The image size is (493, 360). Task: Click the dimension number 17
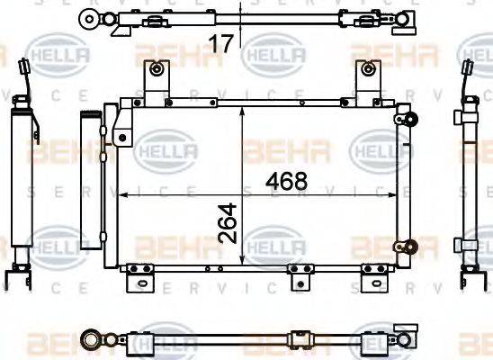coord(221,40)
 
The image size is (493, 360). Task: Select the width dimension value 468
coord(287,180)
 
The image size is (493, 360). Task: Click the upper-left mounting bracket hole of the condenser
coord(157,69)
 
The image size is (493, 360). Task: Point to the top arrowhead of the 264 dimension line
coord(244,108)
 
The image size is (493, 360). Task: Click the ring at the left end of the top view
coord(88,17)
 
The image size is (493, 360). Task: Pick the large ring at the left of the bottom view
coord(93,340)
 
